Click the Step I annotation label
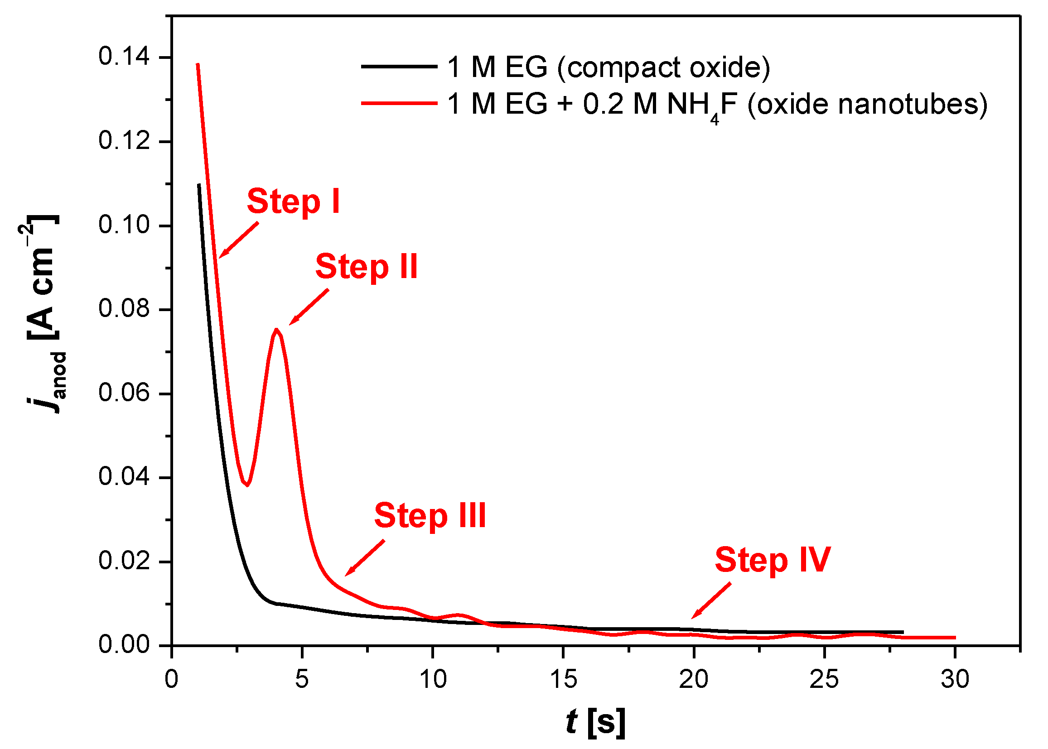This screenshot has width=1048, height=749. tap(294, 202)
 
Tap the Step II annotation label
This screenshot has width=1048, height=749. tap(367, 267)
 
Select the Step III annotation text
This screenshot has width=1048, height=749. tap(430, 516)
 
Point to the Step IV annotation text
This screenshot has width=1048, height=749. tap(773, 560)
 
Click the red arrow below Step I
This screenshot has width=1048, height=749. tap(238, 240)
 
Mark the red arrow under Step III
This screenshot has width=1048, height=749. tap(365, 558)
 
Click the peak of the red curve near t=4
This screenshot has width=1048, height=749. tap(276, 330)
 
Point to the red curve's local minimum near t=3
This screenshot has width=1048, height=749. tap(248, 485)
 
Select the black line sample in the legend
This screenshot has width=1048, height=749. tap(399, 67)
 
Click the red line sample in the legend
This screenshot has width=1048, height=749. tap(399, 103)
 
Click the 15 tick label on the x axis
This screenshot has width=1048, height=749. tap(563, 679)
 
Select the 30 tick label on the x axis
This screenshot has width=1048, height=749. tap(954, 679)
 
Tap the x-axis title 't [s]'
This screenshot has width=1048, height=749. tap(595, 722)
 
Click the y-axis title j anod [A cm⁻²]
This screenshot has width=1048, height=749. tap(44, 314)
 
